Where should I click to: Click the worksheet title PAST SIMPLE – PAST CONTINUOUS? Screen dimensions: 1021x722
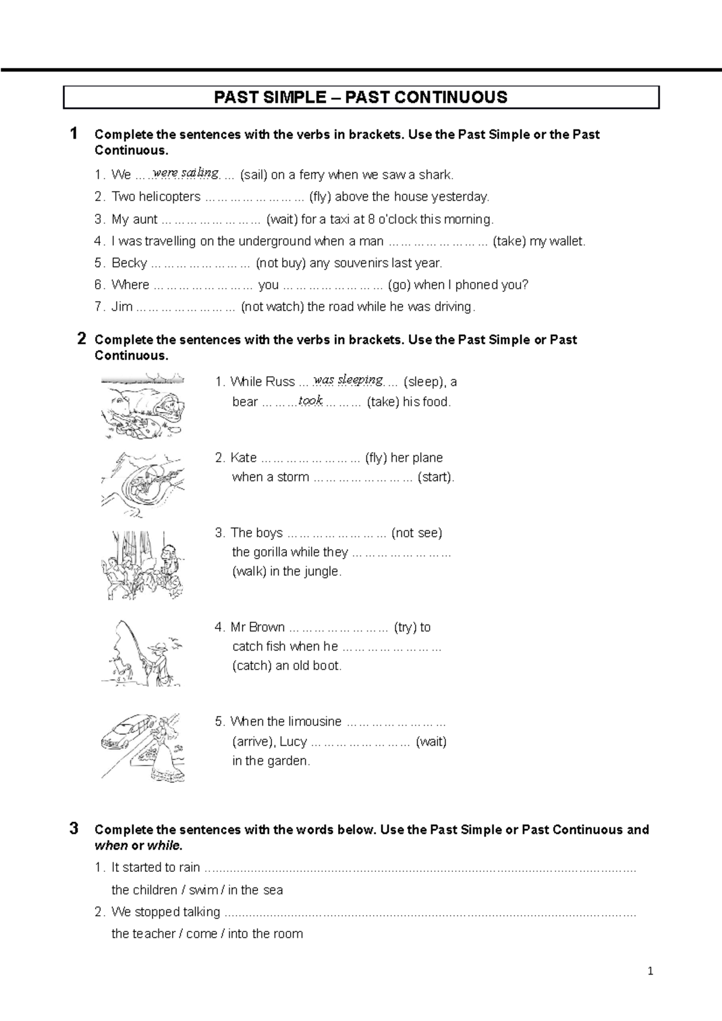click(x=361, y=97)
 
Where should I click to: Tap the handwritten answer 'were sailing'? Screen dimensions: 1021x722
click(x=186, y=173)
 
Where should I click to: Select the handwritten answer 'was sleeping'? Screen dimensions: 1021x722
click(x=348, y=379)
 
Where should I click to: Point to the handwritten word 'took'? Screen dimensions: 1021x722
click(x=310, y=400)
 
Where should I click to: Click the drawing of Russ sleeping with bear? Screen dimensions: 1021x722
click(x=143, y=406)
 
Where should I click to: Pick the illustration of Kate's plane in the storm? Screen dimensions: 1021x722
click(x=143, y=483)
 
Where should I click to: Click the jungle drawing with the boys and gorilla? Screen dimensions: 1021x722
click(x=143, y=565)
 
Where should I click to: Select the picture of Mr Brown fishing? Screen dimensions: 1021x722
click(x=143, y=654)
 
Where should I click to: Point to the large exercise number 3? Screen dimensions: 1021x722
click(x=74, y=829)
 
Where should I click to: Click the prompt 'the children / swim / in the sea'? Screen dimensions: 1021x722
click(x=197, y=890)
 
